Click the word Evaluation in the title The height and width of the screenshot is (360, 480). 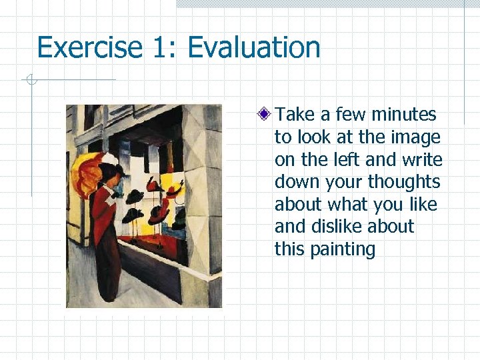coord(254,48)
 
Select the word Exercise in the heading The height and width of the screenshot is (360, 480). coord(89,48)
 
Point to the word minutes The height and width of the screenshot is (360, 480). coord(404,115)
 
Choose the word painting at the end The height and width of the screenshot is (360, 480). coord(343,250)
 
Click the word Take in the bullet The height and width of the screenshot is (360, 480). coord(294,115)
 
